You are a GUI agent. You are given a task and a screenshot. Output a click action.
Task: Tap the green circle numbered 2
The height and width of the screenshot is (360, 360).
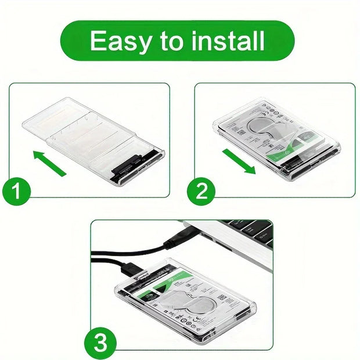point(202,191)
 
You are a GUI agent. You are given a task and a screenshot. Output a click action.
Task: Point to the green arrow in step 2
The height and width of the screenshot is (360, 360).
point(239,161)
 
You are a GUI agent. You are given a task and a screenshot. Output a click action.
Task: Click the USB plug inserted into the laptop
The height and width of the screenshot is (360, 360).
point(174,235)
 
